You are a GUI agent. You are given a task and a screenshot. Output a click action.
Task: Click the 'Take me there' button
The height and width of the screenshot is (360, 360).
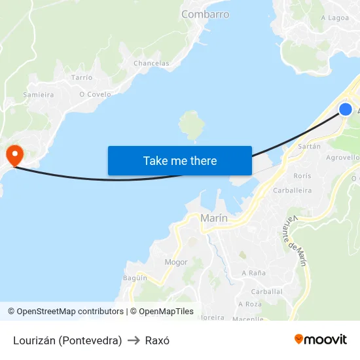click(x=179, y=160)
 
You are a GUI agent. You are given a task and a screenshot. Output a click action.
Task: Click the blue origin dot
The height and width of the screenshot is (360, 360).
click(x=345, y=109)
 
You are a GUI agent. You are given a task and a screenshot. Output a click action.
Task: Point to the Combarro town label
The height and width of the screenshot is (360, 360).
click(x=205, y=14)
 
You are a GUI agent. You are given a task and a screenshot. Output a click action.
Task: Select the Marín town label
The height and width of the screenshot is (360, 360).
click(x=214, y=218)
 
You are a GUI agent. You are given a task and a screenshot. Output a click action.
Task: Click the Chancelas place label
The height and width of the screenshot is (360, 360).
click(x=151, y=63)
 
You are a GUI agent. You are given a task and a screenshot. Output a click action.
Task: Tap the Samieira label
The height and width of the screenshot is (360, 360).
click(x=39, y=95)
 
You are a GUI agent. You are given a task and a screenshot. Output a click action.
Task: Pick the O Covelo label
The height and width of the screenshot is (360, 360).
click(x=95, y=94)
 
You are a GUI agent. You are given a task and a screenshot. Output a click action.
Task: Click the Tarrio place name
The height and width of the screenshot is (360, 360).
click(x=82, y=77)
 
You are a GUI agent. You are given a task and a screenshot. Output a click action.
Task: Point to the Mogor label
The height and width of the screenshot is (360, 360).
click(x=176, y=262)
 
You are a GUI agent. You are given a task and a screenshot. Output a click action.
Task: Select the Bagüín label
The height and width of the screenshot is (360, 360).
click(x=135, y=278)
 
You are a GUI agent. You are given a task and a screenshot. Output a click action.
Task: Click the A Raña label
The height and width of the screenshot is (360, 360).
click(x=253, y=272)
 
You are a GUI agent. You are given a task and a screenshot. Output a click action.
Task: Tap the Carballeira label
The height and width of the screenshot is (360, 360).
click(x=292, y=190)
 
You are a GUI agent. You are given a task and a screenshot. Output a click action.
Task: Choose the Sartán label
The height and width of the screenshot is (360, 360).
click(x=309, y=147)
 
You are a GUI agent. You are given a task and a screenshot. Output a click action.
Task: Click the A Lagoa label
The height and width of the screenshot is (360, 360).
click(x=334, y=18)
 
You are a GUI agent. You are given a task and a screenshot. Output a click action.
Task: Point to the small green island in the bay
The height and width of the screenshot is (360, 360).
click(x=192, y=124)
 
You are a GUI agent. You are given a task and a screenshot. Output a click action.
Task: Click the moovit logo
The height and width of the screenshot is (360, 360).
click(x=321, y=340)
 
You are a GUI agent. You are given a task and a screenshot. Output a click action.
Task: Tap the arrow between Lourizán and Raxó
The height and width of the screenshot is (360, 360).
click(x=134, y=340)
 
